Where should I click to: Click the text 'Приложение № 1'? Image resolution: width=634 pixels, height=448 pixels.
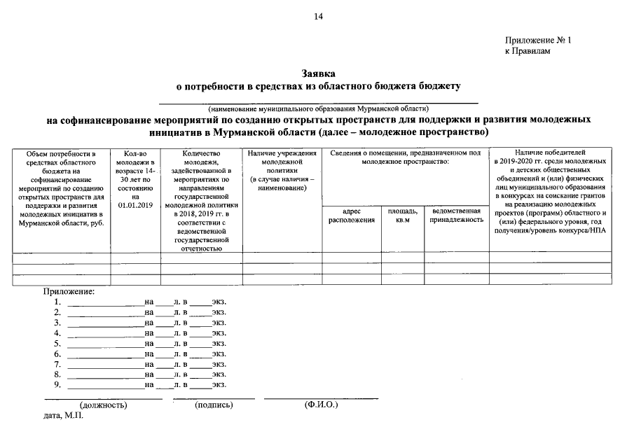click(x=538, y=41)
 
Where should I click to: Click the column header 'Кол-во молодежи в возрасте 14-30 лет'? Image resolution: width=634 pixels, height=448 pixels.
click(x=135, y=170)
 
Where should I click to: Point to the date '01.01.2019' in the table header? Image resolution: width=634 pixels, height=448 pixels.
click(x=135, y=205)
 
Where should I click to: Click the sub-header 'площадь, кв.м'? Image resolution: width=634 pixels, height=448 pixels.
click(x=402, y=215)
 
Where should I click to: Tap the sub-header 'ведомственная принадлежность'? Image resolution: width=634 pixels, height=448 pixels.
click(x=456, y=215)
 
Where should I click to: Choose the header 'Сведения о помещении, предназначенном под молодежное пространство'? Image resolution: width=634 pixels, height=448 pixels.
click(x=405, y=157)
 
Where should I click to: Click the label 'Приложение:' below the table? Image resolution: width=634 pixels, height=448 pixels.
click(x=69, y=291)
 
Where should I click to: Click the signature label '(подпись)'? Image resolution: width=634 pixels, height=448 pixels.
click(x=214, y=405)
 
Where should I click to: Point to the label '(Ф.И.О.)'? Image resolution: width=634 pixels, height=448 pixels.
click(x=321, y=405)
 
